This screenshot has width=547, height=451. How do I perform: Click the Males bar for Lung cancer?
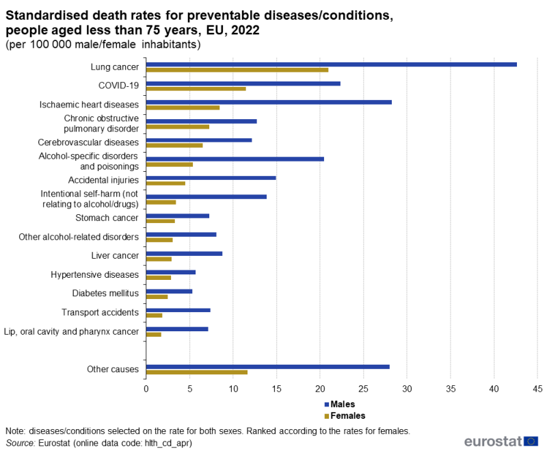click(331, 64)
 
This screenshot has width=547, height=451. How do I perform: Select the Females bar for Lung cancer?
click(237, 70)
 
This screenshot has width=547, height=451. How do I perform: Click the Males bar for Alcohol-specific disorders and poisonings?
click(235, 159)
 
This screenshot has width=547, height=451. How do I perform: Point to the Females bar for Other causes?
click(196, 372)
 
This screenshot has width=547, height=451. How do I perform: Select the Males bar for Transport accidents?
click(178, 310)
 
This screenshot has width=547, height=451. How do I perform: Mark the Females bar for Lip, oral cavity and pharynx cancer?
click(153, 335)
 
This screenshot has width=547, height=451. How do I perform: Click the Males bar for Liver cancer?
click(184, 253)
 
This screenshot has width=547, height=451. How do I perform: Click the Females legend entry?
click(348, 415)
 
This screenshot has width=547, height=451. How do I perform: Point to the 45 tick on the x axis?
click(537, 388)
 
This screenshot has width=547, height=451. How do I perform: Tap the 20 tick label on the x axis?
click(320, 388)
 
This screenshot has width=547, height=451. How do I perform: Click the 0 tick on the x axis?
click(146, 388)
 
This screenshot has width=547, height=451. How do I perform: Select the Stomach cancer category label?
click(107, 218)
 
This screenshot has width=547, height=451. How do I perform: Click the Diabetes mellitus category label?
click(105, 294)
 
